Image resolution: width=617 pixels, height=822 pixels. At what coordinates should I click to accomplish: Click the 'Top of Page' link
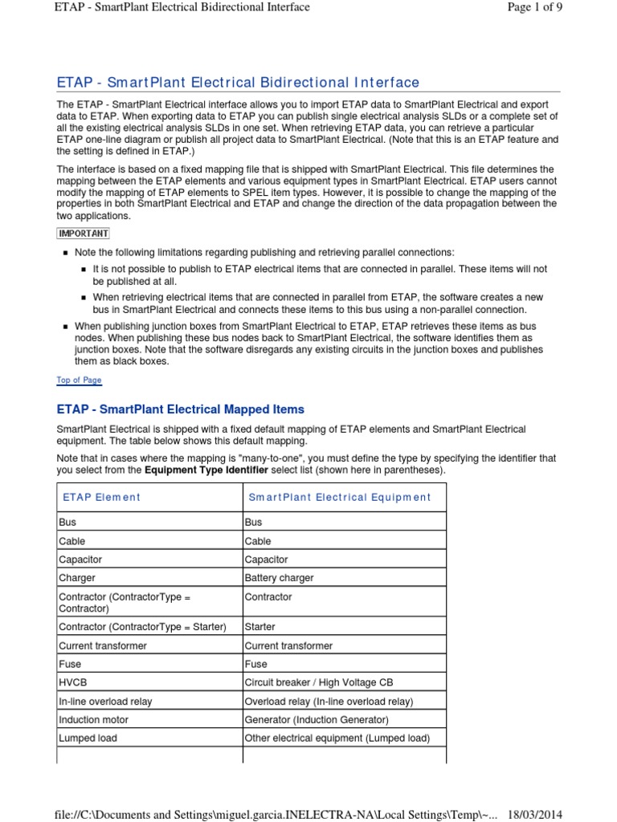coord(79,380)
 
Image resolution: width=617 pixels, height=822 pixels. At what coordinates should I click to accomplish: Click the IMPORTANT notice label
coord(84,234)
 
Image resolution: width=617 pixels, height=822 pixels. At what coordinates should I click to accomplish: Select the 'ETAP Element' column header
coord(101,497)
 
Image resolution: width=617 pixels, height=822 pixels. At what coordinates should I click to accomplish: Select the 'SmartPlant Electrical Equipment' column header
coord(339,497)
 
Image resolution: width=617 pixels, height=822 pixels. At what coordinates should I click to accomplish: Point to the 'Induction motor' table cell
coord(93,719)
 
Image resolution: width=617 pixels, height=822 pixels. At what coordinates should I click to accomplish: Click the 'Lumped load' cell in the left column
coord(87,738)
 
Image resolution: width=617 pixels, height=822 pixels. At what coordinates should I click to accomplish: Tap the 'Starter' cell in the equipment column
coord(259,626)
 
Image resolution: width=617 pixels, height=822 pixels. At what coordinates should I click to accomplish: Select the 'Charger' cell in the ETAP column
coord(77,578)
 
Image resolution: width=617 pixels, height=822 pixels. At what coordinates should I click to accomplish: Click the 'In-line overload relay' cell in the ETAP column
coord(105,701)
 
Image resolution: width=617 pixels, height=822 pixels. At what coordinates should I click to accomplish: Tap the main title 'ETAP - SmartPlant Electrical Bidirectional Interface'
coord(238,82)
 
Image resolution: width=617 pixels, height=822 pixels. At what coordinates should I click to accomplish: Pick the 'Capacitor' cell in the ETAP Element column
coord(80,560)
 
